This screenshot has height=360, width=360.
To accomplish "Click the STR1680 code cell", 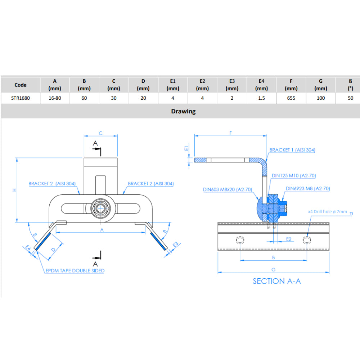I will click(21, 98).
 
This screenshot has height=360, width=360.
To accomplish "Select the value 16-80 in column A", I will click(55, 98).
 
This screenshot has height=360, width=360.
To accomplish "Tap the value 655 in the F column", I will click(291, 98).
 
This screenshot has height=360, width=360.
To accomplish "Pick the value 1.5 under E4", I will click(261, 98).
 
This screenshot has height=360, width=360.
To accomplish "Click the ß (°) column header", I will click(350, 85).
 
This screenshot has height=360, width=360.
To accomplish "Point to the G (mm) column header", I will click(320, 85).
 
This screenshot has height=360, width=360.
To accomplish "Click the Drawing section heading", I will click(183, 111).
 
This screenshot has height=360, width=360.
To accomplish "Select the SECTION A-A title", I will click(276, 281).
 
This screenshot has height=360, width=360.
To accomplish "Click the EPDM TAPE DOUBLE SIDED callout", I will click(75, 270).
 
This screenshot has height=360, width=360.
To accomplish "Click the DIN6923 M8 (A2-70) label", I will click(308, 188).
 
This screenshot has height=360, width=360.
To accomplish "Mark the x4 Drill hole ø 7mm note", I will click(327, 212).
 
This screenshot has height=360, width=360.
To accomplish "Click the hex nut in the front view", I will click(100, 208).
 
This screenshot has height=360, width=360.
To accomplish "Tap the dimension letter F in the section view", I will click(230, 133).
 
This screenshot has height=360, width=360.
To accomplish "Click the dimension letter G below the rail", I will click(273, 269).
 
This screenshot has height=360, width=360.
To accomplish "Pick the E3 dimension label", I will click(176, 244).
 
